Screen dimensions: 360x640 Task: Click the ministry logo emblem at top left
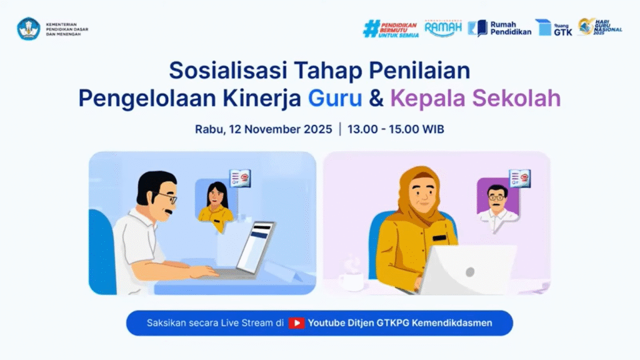coord(29,29)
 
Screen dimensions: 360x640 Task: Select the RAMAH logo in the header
coord(442,28)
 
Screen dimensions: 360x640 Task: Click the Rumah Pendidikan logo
coord(499,28)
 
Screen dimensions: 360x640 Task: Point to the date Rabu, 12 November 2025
coord(263,129)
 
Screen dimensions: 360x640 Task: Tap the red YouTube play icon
coord(296,323)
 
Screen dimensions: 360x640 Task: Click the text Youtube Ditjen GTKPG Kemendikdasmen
coord(400,323)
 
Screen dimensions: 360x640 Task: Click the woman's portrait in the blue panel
coord(216,202)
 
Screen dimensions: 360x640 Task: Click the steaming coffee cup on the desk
coord(351,278)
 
